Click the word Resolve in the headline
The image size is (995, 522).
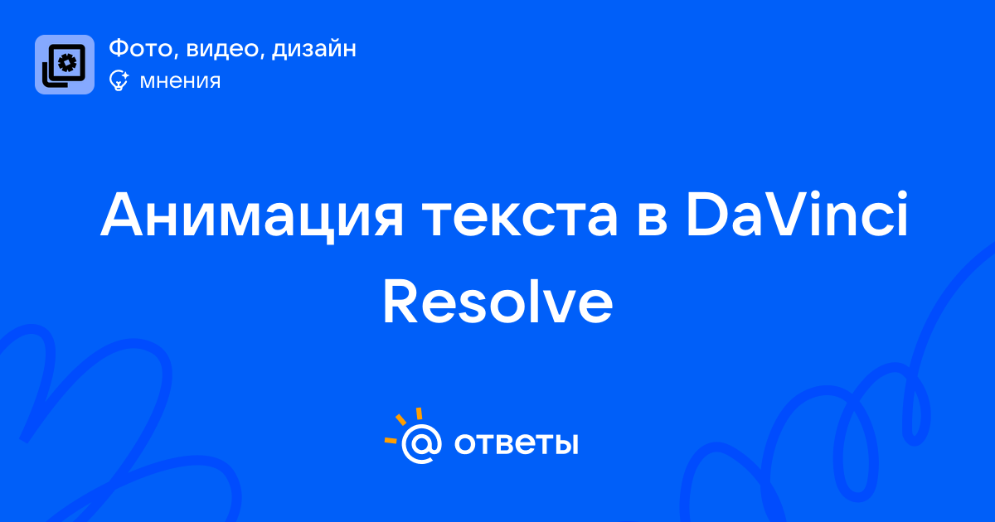tap(498, 302)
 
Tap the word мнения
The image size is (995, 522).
tap(181, 81)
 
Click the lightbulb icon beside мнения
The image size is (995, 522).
tap(119, 80)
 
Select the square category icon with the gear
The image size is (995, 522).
tap(65, 65)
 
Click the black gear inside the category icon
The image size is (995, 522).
tap(67, 63)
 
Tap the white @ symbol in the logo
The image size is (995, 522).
tap(421, 443)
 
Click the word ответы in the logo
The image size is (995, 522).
tap(516, 443)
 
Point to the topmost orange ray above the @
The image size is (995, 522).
tap(419, 413)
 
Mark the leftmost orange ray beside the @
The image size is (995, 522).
tap(391, 440)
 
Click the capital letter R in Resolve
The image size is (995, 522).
tap(399, 302)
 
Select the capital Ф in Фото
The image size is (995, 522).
tap(120, 48)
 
